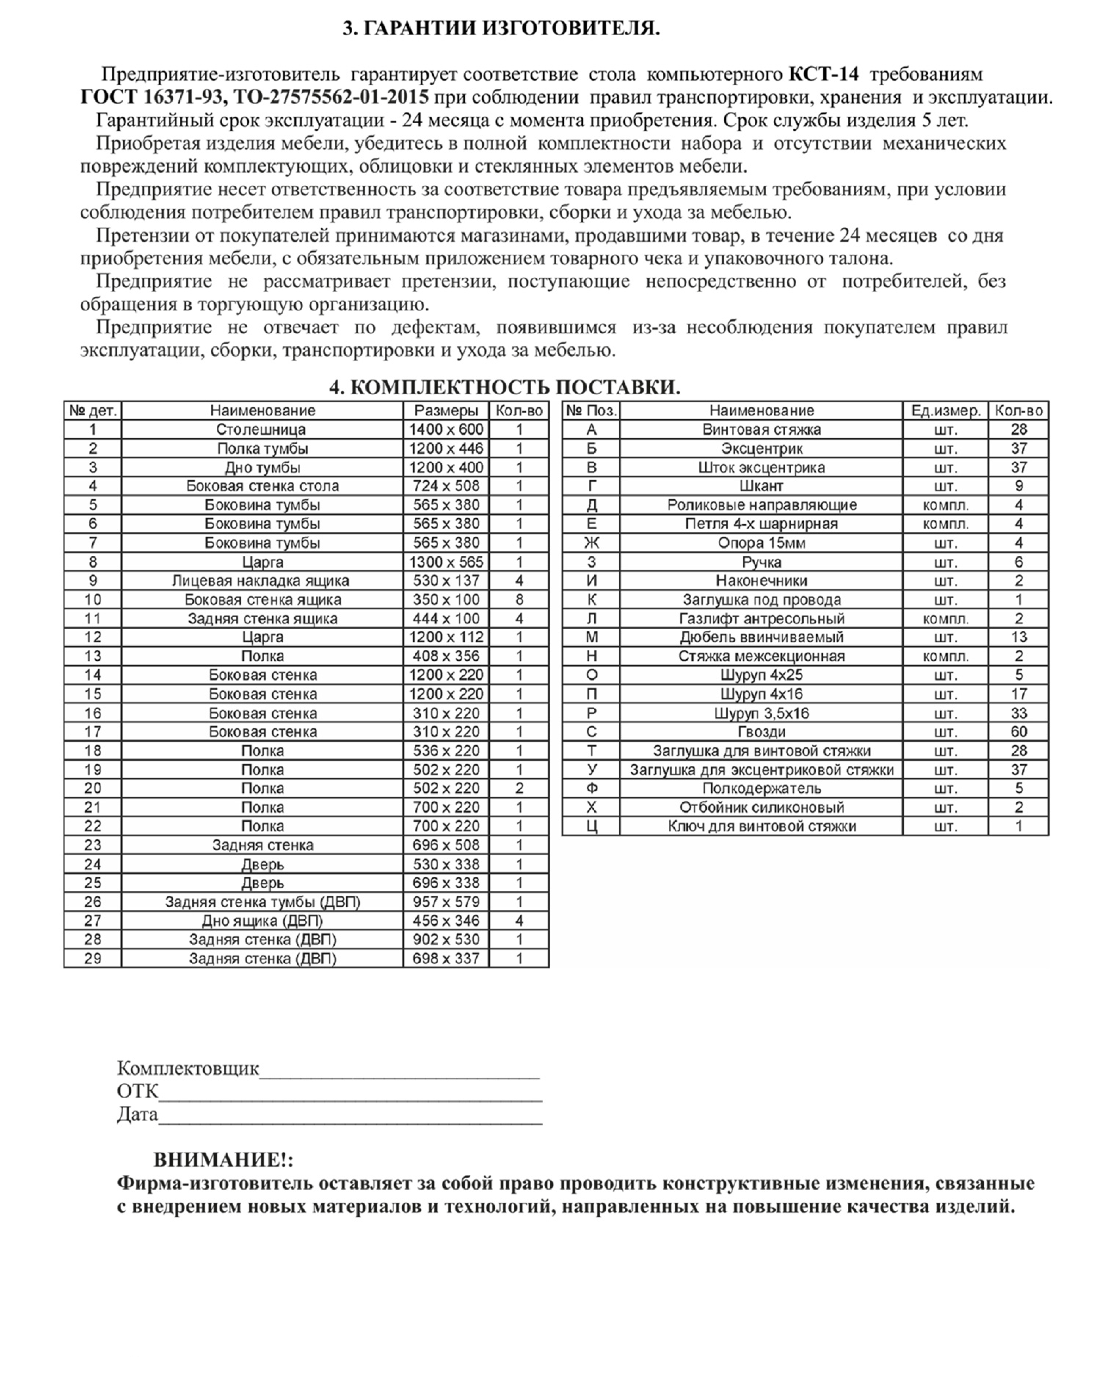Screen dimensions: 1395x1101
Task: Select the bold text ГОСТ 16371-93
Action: coord(152,97)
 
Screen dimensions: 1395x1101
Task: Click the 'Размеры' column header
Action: coord(446,411)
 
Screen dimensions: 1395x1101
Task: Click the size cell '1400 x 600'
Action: coord(446,429)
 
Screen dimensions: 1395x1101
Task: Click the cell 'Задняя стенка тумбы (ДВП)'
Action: coord(262,902)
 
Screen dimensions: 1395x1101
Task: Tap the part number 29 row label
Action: coord(93,958)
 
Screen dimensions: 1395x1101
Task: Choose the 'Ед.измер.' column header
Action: coord(946,411)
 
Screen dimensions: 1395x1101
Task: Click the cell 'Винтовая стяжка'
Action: coord(761,429)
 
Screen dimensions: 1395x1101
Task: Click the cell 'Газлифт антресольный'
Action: coord(761,619)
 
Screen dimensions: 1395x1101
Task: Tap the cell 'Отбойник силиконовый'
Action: coord(761,807)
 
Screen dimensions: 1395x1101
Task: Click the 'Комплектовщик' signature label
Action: coord(187,1069)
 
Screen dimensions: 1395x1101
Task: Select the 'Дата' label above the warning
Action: coord(137,1115)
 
